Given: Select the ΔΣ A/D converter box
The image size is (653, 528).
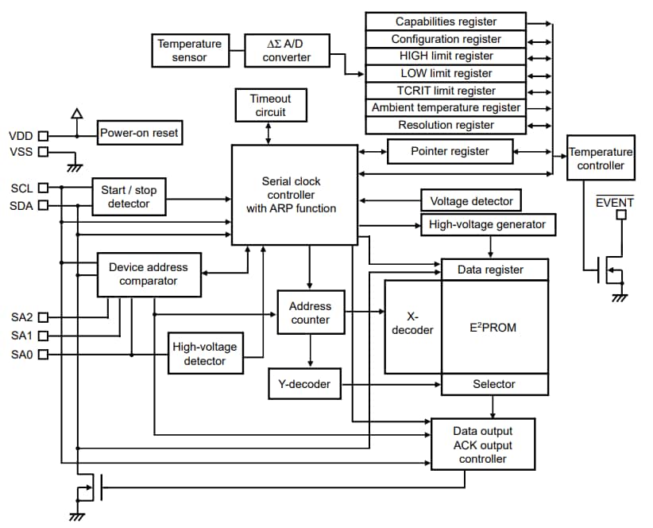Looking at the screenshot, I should coord(287,50).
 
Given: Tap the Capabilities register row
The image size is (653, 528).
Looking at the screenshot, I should coord(446,21).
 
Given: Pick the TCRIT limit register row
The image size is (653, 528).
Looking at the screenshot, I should coord(446,91).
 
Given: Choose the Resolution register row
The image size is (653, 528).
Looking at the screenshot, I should coord(446,125).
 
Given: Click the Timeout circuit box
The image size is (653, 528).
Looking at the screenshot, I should coord(270,105).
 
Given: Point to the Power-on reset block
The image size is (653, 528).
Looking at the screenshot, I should coord(139,133).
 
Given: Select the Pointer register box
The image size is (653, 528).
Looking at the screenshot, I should coord(450,151).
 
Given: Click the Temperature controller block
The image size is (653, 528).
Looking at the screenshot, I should coord(601,158).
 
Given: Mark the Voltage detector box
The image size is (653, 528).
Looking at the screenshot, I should coord(471,201).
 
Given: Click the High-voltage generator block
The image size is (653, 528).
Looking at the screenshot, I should coord(487,224).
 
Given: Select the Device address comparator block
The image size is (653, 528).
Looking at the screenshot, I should coord(148,274).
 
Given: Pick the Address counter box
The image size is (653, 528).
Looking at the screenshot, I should coord(310,313).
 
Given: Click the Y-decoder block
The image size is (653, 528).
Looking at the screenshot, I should coord(304,385).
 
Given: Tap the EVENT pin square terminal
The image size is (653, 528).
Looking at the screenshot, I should coord(621,215).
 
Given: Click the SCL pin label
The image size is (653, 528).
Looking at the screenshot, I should coord(21,188).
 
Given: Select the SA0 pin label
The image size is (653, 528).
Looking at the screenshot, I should coord(21,354).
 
